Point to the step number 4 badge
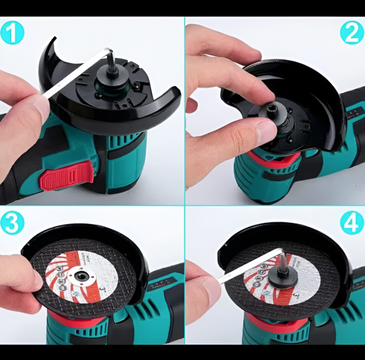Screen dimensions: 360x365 click(352, 223)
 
